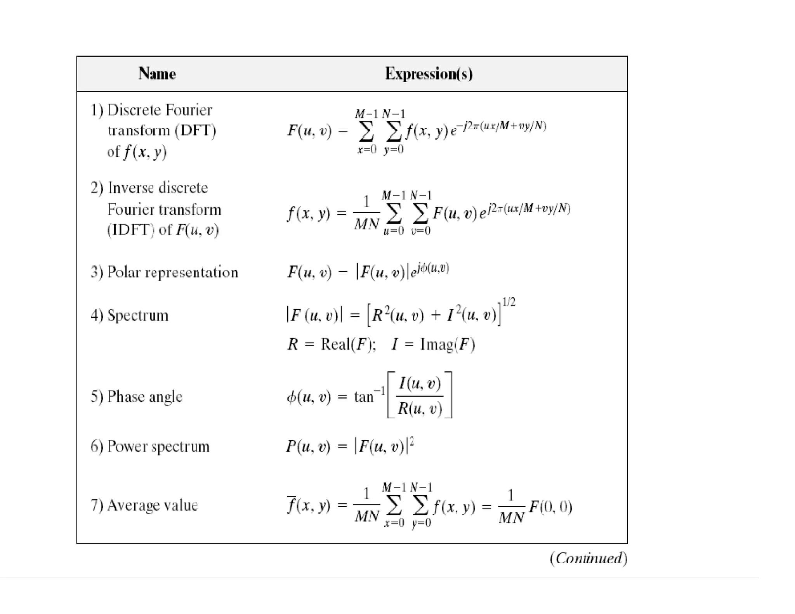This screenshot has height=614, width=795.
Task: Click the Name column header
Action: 157,74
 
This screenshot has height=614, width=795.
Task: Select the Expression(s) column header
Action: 429,74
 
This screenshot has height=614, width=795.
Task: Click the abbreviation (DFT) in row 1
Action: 195,130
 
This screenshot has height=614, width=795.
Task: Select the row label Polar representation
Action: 172,272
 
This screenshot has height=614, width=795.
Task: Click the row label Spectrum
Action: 138,315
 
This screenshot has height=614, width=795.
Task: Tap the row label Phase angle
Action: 144,397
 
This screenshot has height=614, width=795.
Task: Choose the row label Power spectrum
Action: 158,446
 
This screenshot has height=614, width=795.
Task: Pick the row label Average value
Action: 152,505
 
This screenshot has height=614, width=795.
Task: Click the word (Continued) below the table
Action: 588,558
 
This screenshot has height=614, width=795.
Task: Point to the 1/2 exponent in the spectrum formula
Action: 509,302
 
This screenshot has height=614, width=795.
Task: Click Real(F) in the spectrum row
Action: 348,344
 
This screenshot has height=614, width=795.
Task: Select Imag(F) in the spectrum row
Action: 448,344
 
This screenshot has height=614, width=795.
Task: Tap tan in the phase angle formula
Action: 364,397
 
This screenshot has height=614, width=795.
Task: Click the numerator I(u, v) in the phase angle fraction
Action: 420,383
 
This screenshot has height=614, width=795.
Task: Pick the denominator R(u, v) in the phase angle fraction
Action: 420,409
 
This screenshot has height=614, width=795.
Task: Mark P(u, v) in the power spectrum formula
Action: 308,446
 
